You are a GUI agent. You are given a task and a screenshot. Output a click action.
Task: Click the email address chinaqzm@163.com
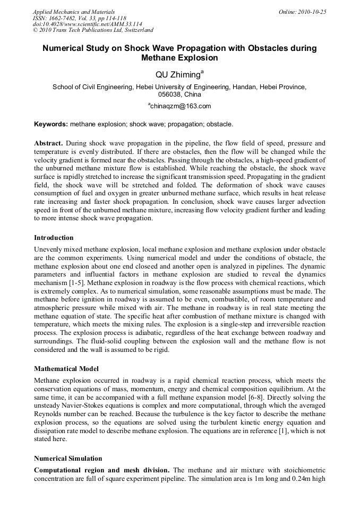(181, 106)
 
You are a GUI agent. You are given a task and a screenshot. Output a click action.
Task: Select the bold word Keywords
(50, 124)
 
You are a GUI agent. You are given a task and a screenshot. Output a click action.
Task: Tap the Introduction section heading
(54, 237)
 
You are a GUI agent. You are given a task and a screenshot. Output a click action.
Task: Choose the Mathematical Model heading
(66, 368)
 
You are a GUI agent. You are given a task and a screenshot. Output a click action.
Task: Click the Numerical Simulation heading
(68, 458)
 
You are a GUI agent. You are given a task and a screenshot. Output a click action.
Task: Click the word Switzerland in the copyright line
(135, 31)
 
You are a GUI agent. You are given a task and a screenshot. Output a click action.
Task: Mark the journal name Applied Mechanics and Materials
(73, 12)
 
